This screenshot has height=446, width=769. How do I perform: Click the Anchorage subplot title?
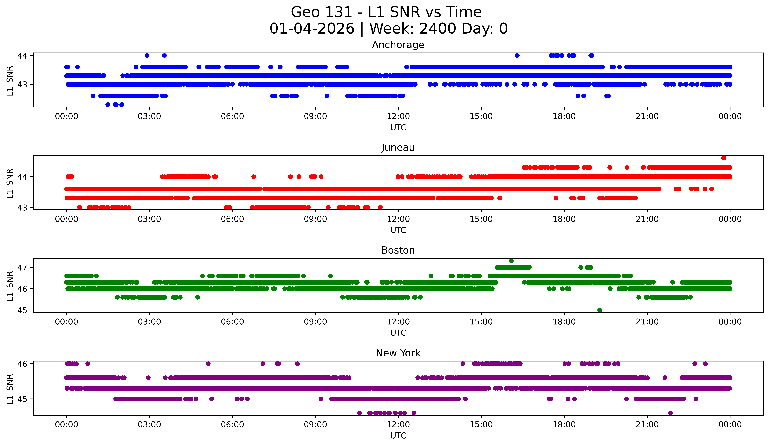[x=398, y=45]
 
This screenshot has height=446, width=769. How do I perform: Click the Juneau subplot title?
[x=398, y=147]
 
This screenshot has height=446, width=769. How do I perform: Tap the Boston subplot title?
[x=398, y=250]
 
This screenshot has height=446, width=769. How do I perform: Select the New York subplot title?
[x=398, y=353]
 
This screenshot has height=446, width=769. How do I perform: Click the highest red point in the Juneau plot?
[x=724, y=158]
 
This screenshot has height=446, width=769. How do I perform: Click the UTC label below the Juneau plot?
[x=398, y=230]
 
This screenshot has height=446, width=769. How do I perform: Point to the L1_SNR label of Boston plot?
[x=10, y=286]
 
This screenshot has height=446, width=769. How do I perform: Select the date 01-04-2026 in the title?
[x=312, y=29]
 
